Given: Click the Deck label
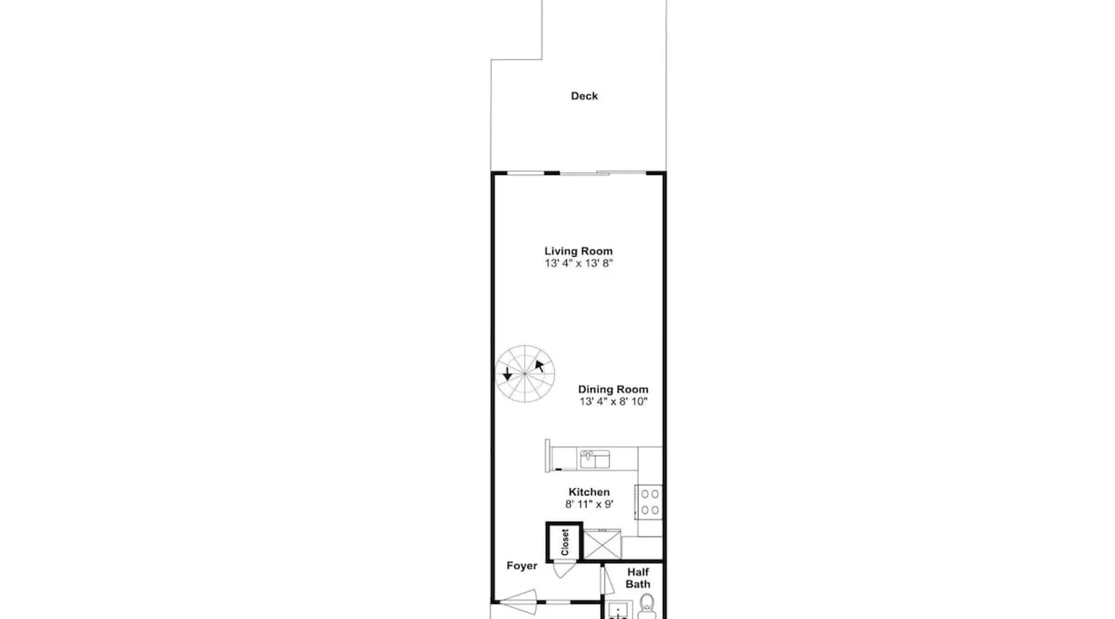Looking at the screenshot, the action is pyautogui.click(x=584, y=96).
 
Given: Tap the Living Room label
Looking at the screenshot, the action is pyautogui.click(x=579, y=251).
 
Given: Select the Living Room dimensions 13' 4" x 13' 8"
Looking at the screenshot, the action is pyautogui.click(x=579, y=263).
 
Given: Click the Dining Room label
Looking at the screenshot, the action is pyautogui.click(x=613, y=389).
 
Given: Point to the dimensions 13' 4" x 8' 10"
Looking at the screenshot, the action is pyautogui.click(x=613, y=402).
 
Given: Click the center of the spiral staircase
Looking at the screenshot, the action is pyautogui.click(x=525, y=374).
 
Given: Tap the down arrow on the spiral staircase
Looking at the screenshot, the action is pyautogui.click(x=507, y=373).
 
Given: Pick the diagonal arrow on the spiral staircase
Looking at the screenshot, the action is pyautogui.click(x=540, y=365).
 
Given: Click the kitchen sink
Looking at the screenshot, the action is pyautogui.click(x=595, y=459).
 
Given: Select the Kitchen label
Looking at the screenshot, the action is pyautogui.click(x=589, y=492).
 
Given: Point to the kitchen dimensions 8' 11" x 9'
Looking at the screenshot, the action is pyautogui.click(x=589, y=504).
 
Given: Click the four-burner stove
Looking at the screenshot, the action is pyautogui.click(x=649, y=502).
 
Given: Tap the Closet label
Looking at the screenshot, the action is pyautogui.click(x=564, y=542).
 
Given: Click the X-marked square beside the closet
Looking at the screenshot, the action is pyautogui.click(x=602, y=545).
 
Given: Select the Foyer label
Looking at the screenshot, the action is pyautogui.click(x=522, y=566).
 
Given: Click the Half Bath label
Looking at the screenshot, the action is pyautogui.click(x=638, y=578).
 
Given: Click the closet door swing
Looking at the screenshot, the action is pyautogui.click(x=564, y=569).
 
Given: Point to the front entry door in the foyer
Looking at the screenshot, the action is pyautogui.click(x=517, y=602).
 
